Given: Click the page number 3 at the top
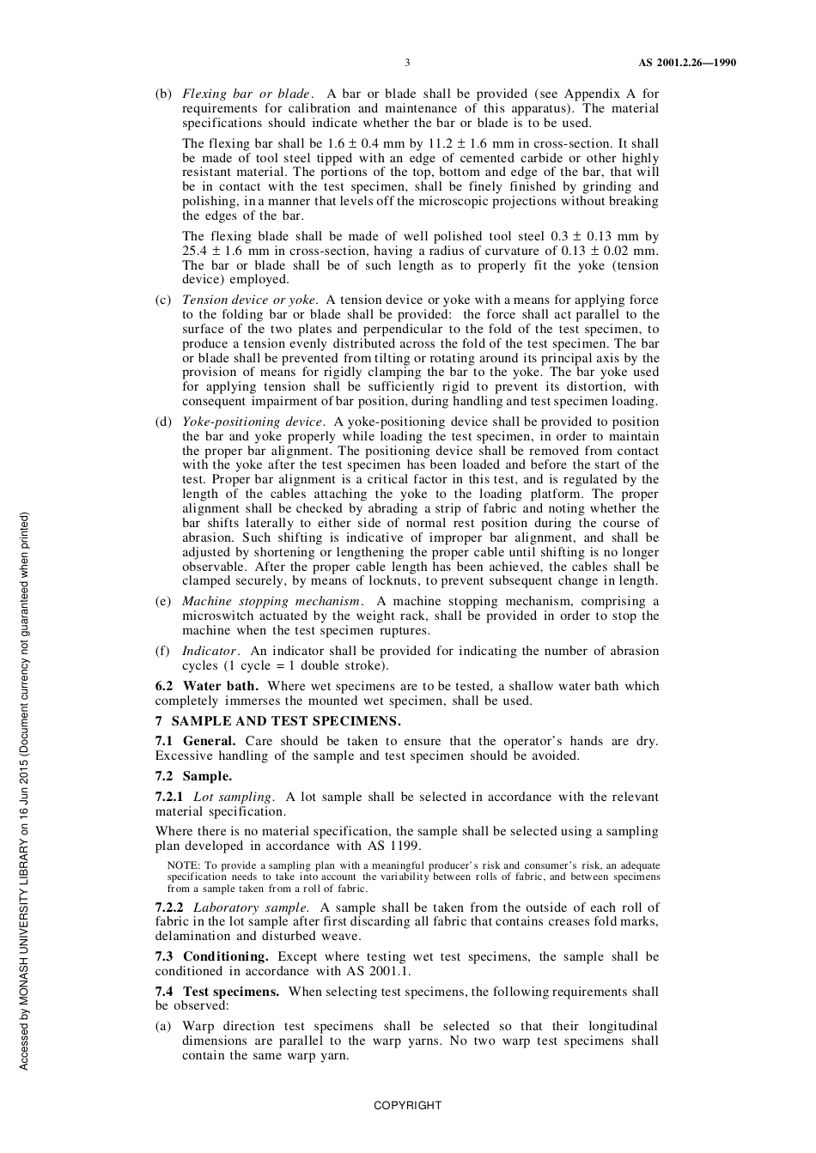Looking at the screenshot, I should point(407,63).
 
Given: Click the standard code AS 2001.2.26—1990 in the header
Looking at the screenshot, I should point(686,63).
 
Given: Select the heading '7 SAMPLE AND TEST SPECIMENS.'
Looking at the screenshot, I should point(277,721).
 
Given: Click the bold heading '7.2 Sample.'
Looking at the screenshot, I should point(193,776).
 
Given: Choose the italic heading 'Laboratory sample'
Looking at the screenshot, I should point(250,907).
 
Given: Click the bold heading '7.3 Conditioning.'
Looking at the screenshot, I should point(211,956).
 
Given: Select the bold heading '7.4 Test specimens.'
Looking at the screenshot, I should point(216,992).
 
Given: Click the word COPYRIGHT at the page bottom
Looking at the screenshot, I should point(407,1106).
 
